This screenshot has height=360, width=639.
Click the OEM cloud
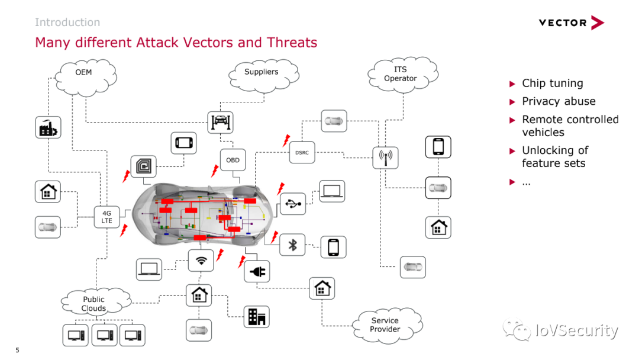[x=85, y=77]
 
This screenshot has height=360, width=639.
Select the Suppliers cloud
[x=264, y=75]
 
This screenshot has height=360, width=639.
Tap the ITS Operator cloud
[x=403, y=75]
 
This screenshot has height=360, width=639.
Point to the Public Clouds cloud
[x=96, y=302]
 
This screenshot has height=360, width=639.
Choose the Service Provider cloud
[x=387, y=325]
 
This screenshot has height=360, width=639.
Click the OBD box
[x=233, y=160]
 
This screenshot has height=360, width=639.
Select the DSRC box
[x=302, y=153]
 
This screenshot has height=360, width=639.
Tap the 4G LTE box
[x=106, y=217]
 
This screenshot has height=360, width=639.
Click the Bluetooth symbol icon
[x=293, y=245]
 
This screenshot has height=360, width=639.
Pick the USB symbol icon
[x=293, y=204]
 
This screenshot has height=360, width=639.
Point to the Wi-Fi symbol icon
[x=201, y=261]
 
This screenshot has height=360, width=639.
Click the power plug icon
[x=257, y=271]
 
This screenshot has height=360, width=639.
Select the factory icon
[x=48, y=128]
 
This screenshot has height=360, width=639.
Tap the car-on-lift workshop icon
[x=221, y=123]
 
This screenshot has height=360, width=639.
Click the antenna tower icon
[x=386, y=157]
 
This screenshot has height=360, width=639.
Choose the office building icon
[x=257, y=317]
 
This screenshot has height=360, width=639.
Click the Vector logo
[x=572, y=23]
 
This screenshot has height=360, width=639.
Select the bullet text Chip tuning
[x=553, y=83]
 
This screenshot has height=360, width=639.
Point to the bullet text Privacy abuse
[x=559, y=101]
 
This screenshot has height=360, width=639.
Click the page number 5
[x=17, y=350]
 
